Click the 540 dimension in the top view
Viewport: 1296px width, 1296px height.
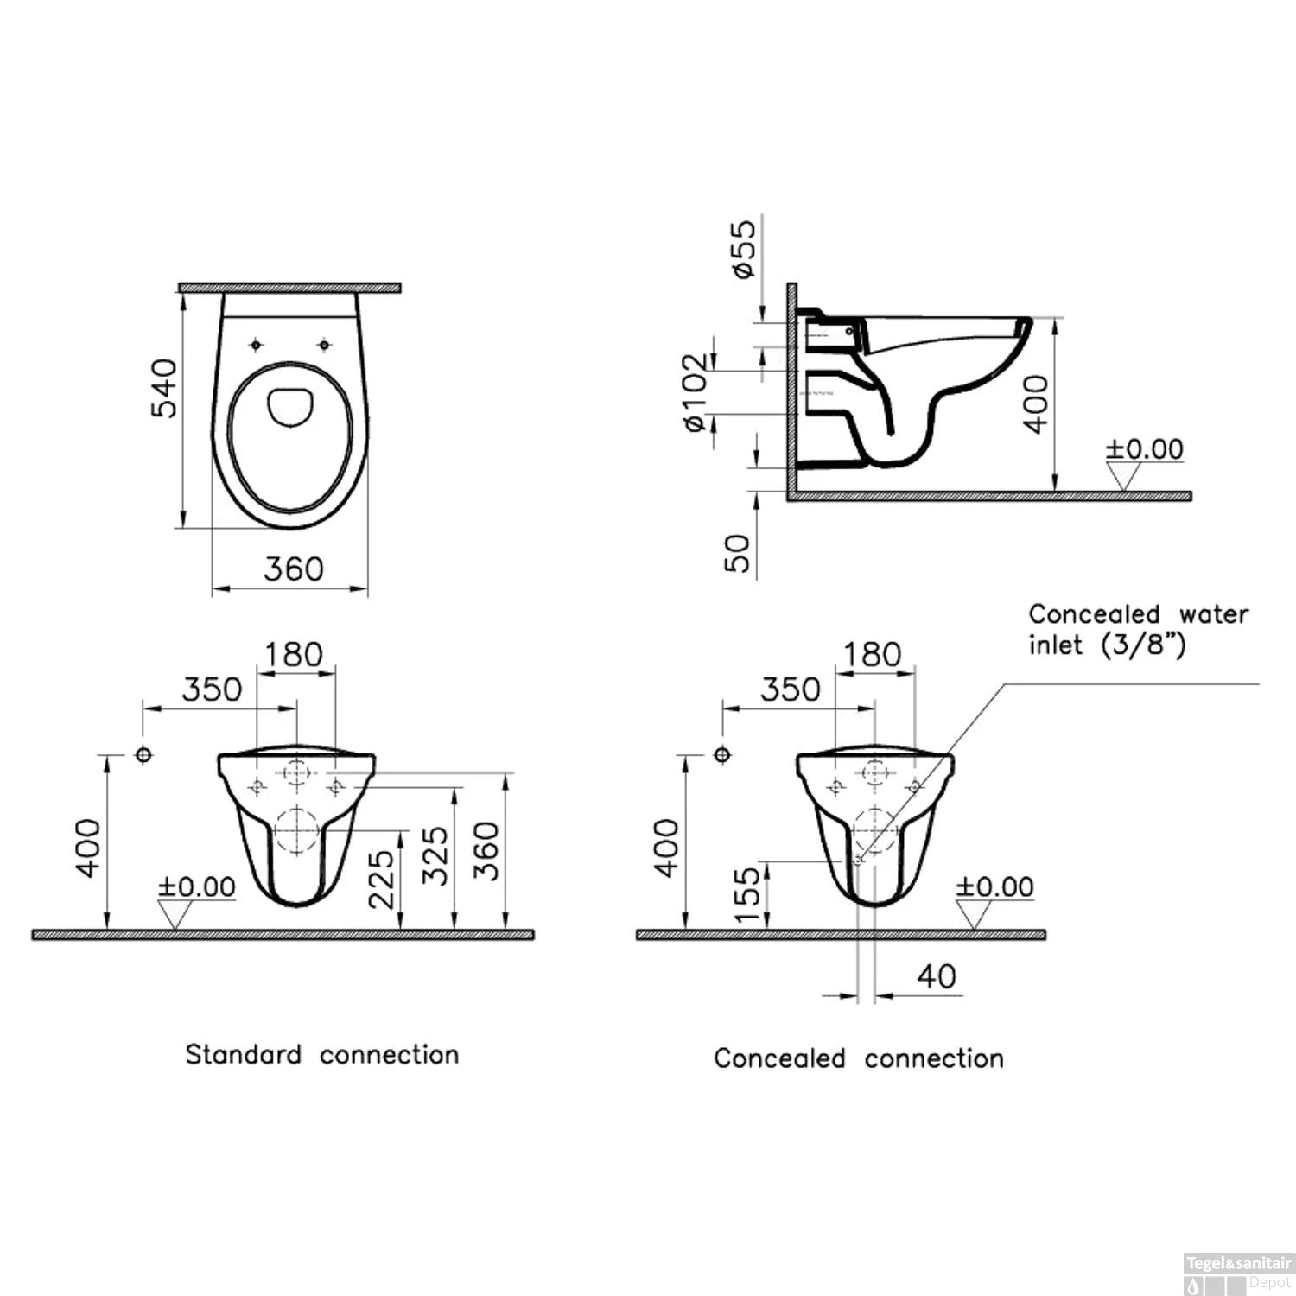coord(164,389)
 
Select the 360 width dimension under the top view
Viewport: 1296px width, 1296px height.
coord(293,569)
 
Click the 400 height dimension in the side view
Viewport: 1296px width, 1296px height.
coord(1035,403)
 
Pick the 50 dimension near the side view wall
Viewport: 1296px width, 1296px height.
coord(737,553)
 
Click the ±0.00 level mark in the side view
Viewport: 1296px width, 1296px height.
coord(1145,449)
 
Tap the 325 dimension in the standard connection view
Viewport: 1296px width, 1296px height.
coord(435,855)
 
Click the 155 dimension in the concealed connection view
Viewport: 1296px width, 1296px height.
coord(747,894)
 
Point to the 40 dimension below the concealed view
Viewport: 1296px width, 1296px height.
coord(937,976)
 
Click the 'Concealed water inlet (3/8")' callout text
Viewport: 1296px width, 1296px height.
coord(1138,629)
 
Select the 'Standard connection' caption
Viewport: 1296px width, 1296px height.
coord(321,1055)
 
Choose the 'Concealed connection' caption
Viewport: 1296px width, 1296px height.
coord(858,1058)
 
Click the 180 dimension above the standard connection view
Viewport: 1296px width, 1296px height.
coord(294,654)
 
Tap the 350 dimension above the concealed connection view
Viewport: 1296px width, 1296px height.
coord(790,689)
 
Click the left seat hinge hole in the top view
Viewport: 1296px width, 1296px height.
coord(255,346)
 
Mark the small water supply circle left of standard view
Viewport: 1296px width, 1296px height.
coord(144,754)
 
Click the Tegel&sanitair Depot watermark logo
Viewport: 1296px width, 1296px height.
coord(1238,1274)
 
